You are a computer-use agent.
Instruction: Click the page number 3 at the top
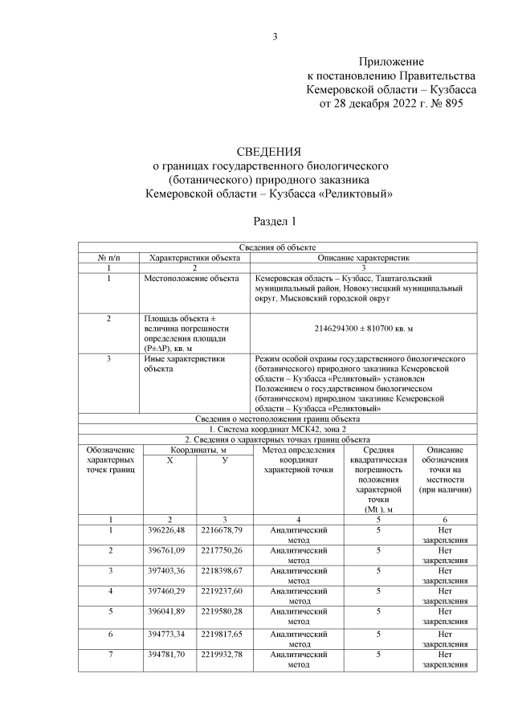point(275,36)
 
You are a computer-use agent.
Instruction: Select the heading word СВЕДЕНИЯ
point(269,151)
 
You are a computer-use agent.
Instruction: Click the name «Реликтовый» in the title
point(356,193)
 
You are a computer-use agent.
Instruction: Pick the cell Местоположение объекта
point(191,278)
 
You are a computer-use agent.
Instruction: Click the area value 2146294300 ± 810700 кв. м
point(365,329)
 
